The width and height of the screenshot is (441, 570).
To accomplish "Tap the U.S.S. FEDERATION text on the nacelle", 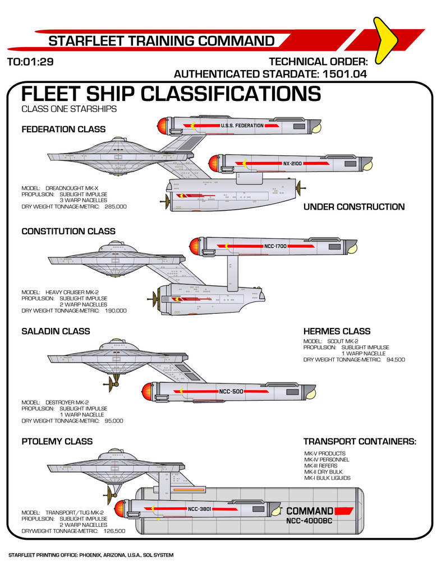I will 242,126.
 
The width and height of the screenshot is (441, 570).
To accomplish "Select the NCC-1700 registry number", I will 275,245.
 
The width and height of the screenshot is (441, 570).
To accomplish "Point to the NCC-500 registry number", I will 231,391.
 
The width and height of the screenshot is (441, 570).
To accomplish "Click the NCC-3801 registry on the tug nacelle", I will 199,509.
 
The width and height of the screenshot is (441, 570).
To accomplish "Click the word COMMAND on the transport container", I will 310,511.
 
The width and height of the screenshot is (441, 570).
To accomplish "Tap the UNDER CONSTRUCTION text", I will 353,207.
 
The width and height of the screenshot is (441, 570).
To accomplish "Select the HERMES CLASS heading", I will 337,331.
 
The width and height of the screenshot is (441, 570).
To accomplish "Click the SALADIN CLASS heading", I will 56,331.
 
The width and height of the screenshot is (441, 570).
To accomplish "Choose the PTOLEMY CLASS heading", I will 57,442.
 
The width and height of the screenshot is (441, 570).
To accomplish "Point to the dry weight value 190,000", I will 116,310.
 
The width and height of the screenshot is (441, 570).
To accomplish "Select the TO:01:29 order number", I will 30,62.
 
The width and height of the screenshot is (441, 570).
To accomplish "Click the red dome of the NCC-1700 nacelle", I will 194,245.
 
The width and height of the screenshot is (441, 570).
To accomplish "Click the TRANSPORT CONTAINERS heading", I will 360,442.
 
